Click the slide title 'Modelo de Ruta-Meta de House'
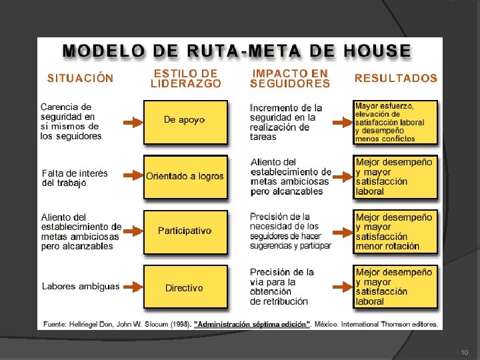(237, 51)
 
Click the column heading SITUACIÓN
(80, 78)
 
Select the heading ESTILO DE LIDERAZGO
(185, 78)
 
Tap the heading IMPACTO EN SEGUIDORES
(290, 78)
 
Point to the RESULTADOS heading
(396, 78)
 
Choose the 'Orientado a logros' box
(185, 177)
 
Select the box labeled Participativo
(185, 231)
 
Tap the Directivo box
(185, 287)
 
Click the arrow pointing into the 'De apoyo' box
(134, 123)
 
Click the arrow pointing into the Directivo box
(134, 287)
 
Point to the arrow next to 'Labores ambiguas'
(134, 287)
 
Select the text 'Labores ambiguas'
(81, 287)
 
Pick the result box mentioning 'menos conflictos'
(395, 122)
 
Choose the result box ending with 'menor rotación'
(395, 231)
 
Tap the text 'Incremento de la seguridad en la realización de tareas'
(286, 122)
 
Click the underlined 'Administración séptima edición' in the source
(252, 325)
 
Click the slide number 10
(464, 351)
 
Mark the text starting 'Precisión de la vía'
(281, 287)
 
